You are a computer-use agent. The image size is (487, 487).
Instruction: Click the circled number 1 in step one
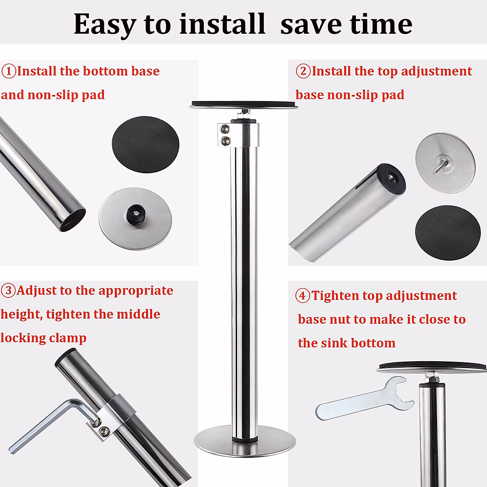point(9,71)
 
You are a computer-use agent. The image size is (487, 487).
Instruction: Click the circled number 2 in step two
point(303,71)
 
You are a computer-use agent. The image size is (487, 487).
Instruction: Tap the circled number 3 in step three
point(8,291)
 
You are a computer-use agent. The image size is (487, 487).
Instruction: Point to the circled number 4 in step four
point(302,296)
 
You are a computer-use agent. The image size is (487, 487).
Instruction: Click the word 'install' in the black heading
point(222,24)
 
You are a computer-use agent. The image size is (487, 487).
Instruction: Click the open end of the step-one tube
point(73,219)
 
